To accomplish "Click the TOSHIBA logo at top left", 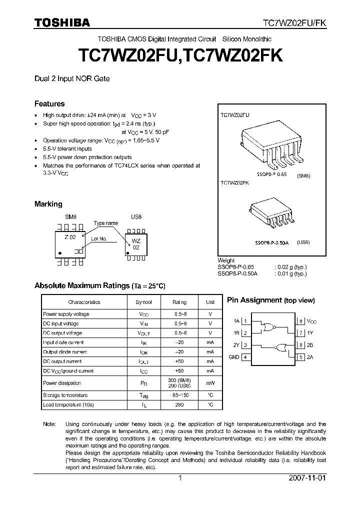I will (62, 22).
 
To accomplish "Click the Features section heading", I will (49, 104).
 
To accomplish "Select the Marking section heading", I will (48, 204).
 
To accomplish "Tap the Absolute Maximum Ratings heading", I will (99, 285).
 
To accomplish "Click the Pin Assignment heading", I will (270, 300).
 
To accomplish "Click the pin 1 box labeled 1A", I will (245, 321).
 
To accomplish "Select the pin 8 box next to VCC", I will (301, 321).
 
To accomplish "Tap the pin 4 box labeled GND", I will (245, 357).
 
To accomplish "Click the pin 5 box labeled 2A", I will (301, 357).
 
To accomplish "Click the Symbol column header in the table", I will (144, 302).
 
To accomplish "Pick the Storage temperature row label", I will (65, 395).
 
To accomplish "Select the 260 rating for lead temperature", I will (180, 404).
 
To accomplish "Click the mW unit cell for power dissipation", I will (210, 383).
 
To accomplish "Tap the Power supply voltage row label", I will (66, 314).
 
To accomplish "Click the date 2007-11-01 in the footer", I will (307, 477).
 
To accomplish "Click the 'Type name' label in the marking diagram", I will (105, 223).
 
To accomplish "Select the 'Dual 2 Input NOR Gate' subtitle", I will (72, 78).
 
